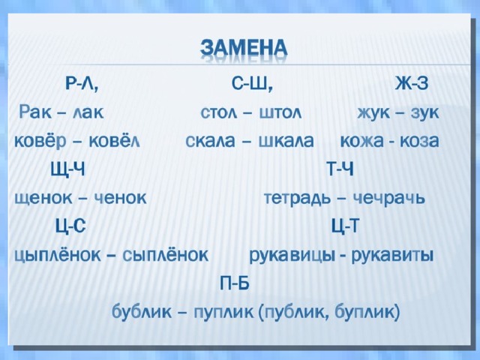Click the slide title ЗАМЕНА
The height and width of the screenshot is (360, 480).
point(244,49)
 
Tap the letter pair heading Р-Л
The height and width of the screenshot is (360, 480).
point(82,83)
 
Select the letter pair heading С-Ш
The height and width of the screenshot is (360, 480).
point(252,83)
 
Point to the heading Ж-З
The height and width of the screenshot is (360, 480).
point(412,82)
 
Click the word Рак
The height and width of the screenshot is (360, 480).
point(35,112)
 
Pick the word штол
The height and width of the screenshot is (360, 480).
point(280,112)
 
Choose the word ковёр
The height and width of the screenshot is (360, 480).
point(40,141)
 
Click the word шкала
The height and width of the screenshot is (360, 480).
point(286,141)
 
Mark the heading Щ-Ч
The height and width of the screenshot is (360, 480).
point(67,169)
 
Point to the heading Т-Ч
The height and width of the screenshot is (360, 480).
point(340,169)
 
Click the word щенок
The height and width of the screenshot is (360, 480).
point(43,198)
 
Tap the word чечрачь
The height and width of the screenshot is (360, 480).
point(388,198)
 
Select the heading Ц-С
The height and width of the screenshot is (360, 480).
point(70,226)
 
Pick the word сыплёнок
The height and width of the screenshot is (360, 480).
point(165,255)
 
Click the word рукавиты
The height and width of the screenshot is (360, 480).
point(392,256)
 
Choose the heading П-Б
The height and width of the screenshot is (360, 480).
point(235,283)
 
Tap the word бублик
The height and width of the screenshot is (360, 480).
point(142,312)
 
